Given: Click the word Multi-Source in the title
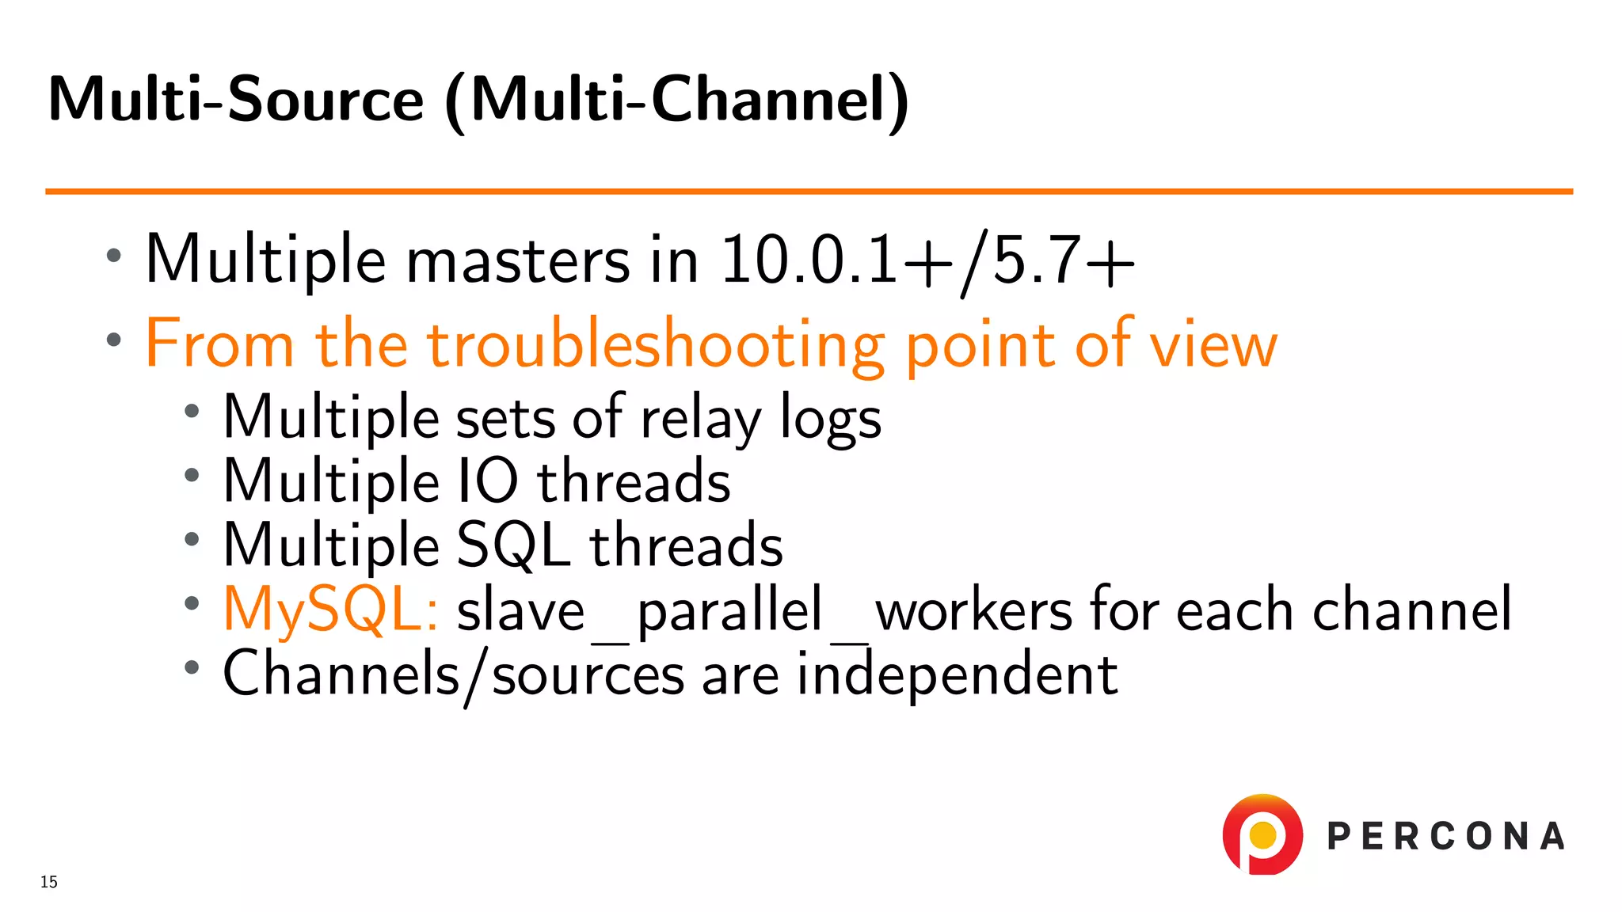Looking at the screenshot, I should point(236,100).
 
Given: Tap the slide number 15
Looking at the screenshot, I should point(49,882).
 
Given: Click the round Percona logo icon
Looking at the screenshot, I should point(1262,835).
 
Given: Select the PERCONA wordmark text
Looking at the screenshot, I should point(1445,837).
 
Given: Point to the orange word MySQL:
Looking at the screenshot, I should point(330,610).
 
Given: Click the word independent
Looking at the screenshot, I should point(957,674).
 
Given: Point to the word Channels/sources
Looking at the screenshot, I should point(453,675).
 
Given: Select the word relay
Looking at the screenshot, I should point(700,419).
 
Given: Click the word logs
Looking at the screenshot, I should point(830,419).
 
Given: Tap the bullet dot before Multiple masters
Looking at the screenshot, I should point(114,255).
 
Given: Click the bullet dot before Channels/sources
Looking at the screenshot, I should point(191,667).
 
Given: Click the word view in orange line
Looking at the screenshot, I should point(1213,346).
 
